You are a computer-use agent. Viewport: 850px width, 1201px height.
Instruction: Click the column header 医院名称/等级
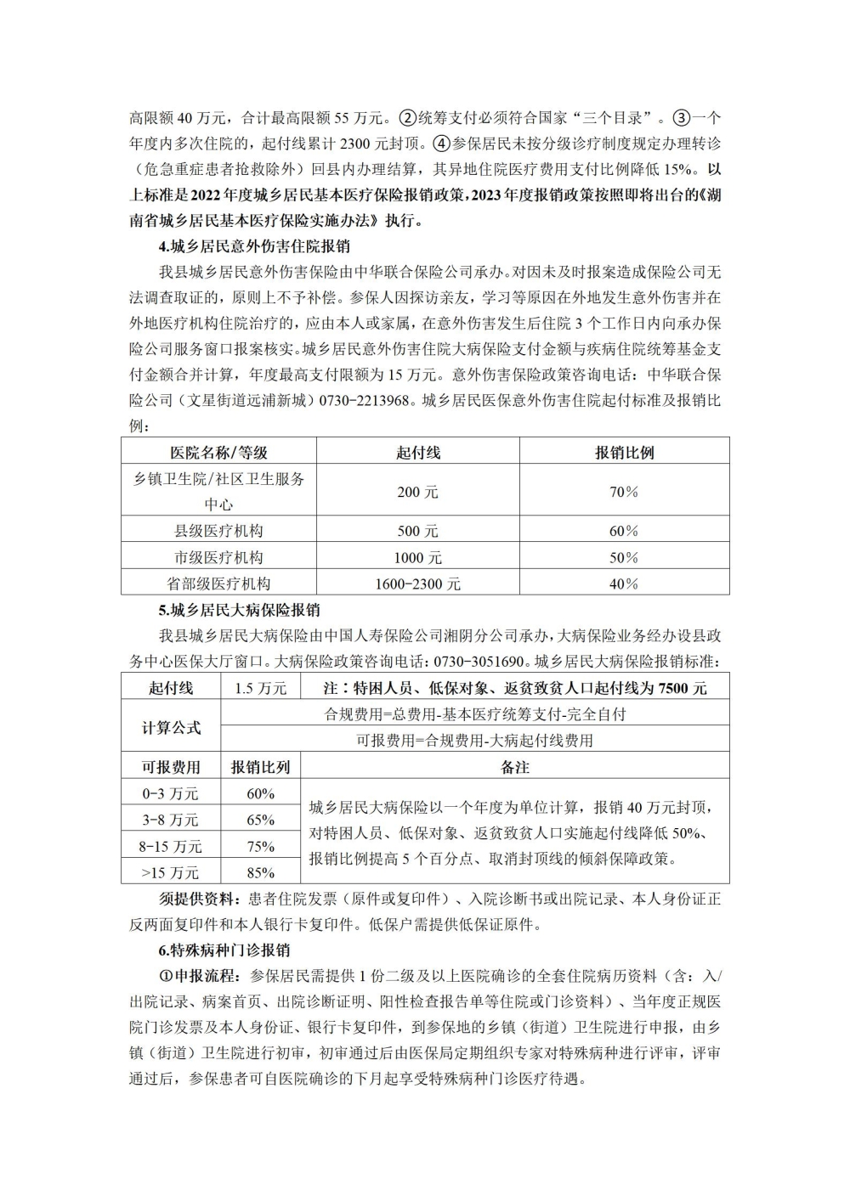218,452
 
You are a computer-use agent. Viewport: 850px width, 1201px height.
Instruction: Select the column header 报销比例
624,452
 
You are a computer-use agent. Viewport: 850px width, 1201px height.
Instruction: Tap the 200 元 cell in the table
417,492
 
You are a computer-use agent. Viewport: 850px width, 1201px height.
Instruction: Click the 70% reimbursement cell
624,492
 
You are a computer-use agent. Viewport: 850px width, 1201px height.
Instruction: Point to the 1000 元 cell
417,558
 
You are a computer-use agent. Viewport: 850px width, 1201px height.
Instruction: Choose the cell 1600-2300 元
417,584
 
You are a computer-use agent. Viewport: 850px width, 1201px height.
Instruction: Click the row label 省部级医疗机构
218,584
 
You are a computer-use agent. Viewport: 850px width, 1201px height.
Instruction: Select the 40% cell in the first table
624,584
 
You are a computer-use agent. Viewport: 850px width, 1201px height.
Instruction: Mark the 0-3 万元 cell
171,794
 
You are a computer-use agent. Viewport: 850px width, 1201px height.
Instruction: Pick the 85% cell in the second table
260,873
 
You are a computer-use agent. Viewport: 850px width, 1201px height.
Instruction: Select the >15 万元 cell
171,873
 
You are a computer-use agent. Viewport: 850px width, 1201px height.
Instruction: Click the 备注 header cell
515,767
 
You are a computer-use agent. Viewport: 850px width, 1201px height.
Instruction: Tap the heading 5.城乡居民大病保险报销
239,611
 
